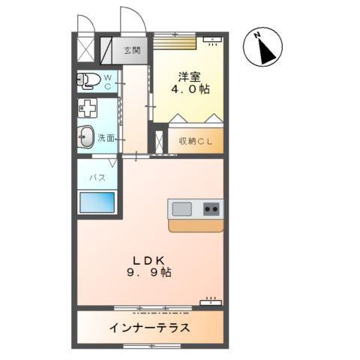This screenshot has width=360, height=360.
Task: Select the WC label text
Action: (x=107, y=82)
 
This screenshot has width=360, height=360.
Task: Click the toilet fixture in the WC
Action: (x=89, y=80)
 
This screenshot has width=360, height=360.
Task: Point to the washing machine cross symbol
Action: (x=87, y=107)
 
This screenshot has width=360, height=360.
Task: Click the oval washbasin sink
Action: (x=87, y=137)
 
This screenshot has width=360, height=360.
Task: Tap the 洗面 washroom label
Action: (x=106, y=138)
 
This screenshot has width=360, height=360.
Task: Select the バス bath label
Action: (x=97, y=178)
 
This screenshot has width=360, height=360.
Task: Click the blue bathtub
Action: (x=97, y=202)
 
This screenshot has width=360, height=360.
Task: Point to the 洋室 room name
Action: (x=189, y=76)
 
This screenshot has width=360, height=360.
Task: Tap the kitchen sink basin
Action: (x=182, y=208)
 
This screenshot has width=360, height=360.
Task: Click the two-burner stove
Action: (x=211, y=208)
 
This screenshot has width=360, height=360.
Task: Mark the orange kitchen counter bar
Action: (x=195, y=224)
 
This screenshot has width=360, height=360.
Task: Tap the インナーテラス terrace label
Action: (x=149, y=328)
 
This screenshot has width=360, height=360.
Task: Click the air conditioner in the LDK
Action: (x=211, y=303)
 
